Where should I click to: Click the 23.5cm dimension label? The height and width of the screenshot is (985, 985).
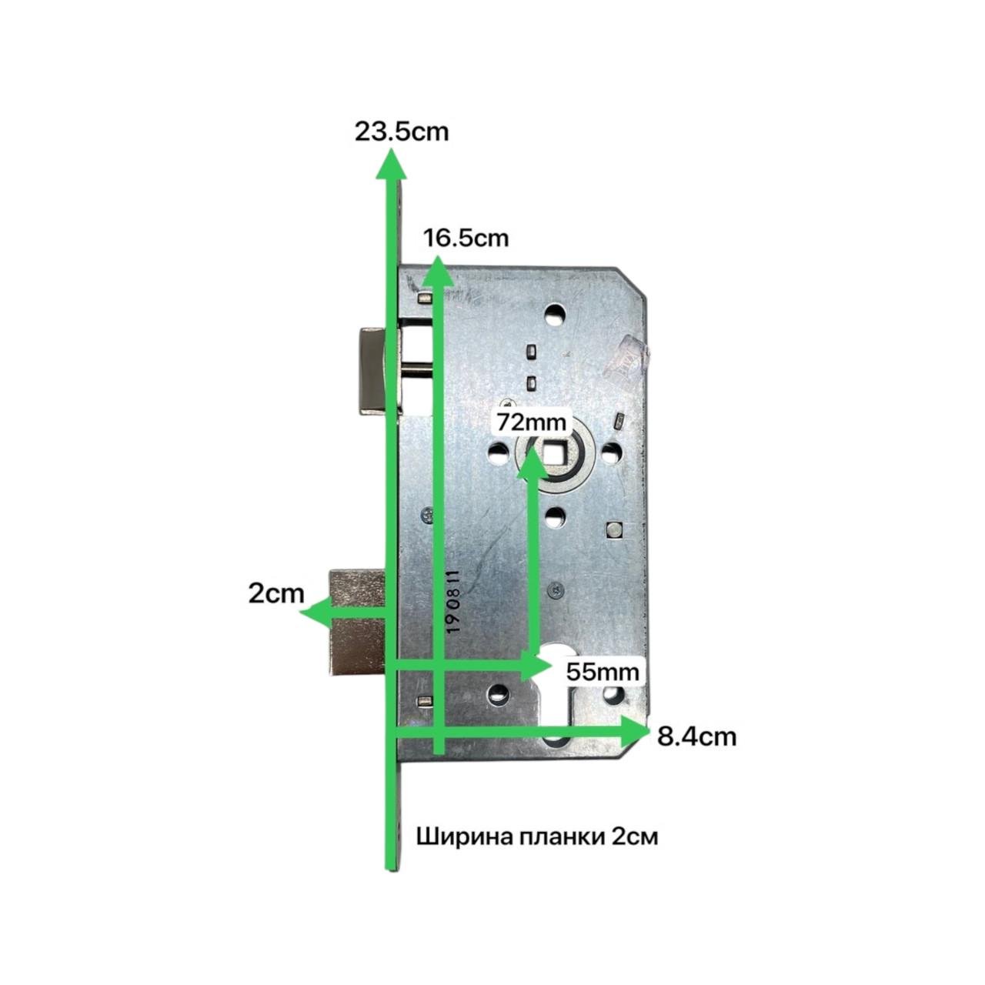(402, 132)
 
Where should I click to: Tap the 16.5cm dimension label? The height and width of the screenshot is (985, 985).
(466, 239)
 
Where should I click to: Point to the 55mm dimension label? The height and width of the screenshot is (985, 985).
(603, 671)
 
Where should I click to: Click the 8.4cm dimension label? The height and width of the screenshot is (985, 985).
(696, 737)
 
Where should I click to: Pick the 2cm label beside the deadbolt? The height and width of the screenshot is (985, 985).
(276, 594)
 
